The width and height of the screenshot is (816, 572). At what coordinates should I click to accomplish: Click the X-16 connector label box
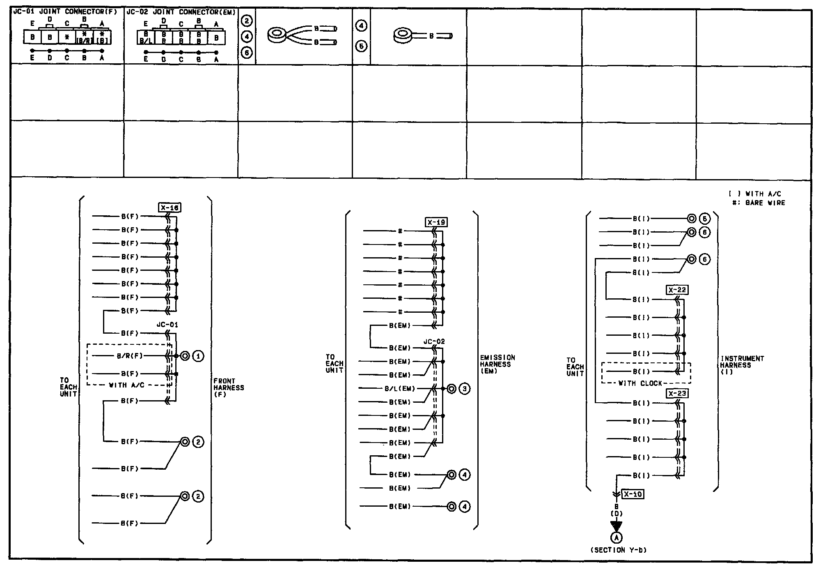point(170,208)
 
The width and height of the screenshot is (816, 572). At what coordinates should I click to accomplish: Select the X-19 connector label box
point(436,223)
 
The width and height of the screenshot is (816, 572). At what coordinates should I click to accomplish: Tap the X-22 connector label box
point(677,290)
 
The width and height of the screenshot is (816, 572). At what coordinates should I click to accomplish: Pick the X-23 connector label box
point(677,394)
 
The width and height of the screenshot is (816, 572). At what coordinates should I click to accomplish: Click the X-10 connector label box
point(633,494)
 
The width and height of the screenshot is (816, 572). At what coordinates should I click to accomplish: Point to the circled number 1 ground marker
point(198,356)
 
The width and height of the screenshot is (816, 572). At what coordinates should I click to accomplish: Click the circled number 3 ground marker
point(464,389)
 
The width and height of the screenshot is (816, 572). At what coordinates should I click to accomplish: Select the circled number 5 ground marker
point(704,219)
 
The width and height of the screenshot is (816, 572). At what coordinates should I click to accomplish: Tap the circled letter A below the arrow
point(616,537)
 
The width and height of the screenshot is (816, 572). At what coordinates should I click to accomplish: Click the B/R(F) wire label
point(130,356)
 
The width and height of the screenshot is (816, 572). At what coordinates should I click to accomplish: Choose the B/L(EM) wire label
point(400,389)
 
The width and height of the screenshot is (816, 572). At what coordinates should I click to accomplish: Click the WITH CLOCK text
point(640,383)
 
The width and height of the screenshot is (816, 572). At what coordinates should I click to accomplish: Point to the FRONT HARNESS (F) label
point(229,387)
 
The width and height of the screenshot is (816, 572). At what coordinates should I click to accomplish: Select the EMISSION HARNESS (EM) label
point(497,364)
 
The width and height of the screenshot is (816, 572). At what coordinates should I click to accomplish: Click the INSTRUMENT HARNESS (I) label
point(742,365)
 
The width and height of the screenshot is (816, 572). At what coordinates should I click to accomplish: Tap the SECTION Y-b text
point(619,550)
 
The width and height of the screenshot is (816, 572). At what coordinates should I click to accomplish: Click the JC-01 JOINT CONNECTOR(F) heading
point(65,12)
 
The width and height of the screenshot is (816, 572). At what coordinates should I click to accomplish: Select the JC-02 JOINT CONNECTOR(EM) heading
point(181,12)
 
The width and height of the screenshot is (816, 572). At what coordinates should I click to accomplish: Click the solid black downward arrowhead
point(616,526)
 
